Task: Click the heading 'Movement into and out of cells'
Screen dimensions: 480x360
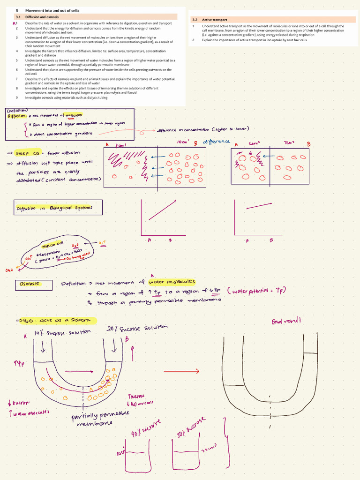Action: click(52, 10)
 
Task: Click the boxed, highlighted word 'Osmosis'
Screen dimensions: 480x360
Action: click(29, 284)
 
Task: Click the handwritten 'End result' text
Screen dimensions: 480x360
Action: click(286, 321)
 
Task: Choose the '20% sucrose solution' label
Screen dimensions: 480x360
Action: click(136, 329)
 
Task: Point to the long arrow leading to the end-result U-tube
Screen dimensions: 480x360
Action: click(180, 371)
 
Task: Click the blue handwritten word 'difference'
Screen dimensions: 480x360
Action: click(216, 142)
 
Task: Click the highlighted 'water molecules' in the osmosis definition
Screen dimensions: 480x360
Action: click(172, 282)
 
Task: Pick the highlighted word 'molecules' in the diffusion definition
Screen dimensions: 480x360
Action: click(74, 115)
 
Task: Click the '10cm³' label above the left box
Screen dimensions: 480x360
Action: click(183, 142)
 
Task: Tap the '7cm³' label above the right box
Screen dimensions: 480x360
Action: click(289, 142)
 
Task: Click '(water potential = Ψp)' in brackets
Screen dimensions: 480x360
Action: click(256, 291)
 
